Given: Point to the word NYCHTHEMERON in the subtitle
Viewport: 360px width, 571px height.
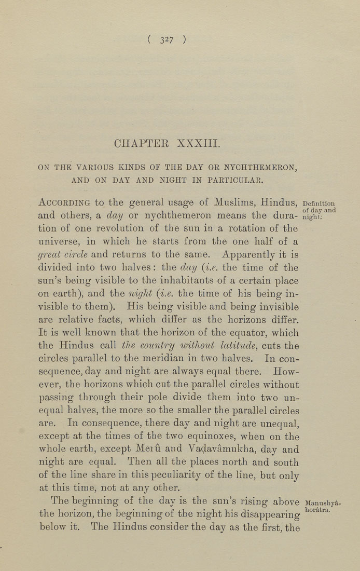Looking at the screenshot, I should (259, 167).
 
